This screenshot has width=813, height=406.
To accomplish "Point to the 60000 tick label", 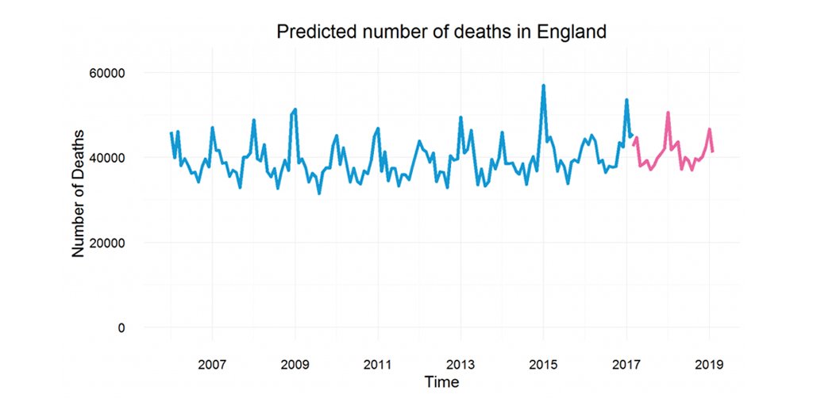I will tap(106, 73).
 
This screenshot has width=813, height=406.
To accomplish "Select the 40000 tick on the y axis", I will tap(106, 158).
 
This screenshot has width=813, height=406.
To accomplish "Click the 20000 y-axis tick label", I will tap(106, 243).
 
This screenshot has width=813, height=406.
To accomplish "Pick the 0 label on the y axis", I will tap(121, 327).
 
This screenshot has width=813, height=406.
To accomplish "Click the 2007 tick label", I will tap(212, 366).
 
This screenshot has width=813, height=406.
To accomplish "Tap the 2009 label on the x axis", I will tap(295, 366).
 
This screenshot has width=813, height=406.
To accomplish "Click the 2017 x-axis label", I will tap(626, 366).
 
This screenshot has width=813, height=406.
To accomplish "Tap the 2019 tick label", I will tap(709, 366).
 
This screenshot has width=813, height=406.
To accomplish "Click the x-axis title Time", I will tap(441, 382).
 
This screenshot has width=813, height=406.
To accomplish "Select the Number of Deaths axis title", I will tap(78, 200).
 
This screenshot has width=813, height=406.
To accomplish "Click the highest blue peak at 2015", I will tap(543, 86).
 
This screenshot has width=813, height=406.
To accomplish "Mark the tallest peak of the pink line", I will tap(668, 113).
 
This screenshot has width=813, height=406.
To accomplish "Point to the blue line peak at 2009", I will tap(295, 109).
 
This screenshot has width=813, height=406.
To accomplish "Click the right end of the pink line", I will tap(713, 151).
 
